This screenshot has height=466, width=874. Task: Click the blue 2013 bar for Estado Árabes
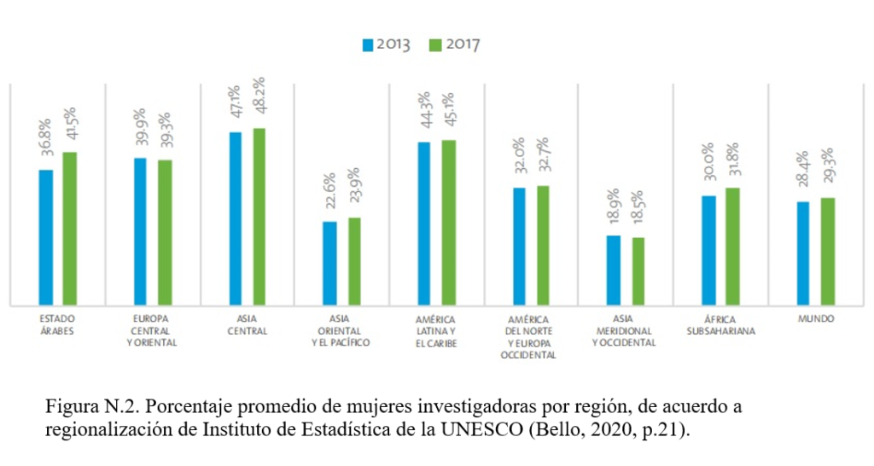point(46,236)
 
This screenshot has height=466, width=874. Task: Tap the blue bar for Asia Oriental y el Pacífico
point(329,263)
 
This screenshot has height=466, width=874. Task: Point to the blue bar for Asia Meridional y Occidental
point(614,270)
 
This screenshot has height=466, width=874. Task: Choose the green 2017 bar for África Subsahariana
point(732,246)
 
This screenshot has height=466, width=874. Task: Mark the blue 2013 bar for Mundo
point(803,253)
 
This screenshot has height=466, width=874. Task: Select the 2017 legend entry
point(454,44)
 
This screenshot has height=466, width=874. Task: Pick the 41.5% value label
point(70,127)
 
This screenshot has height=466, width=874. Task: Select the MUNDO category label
point(816,318)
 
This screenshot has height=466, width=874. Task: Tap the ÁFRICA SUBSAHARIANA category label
point(720,324)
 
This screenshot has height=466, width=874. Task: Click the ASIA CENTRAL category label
point(248,324)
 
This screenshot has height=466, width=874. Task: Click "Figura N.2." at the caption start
point(86,405)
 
